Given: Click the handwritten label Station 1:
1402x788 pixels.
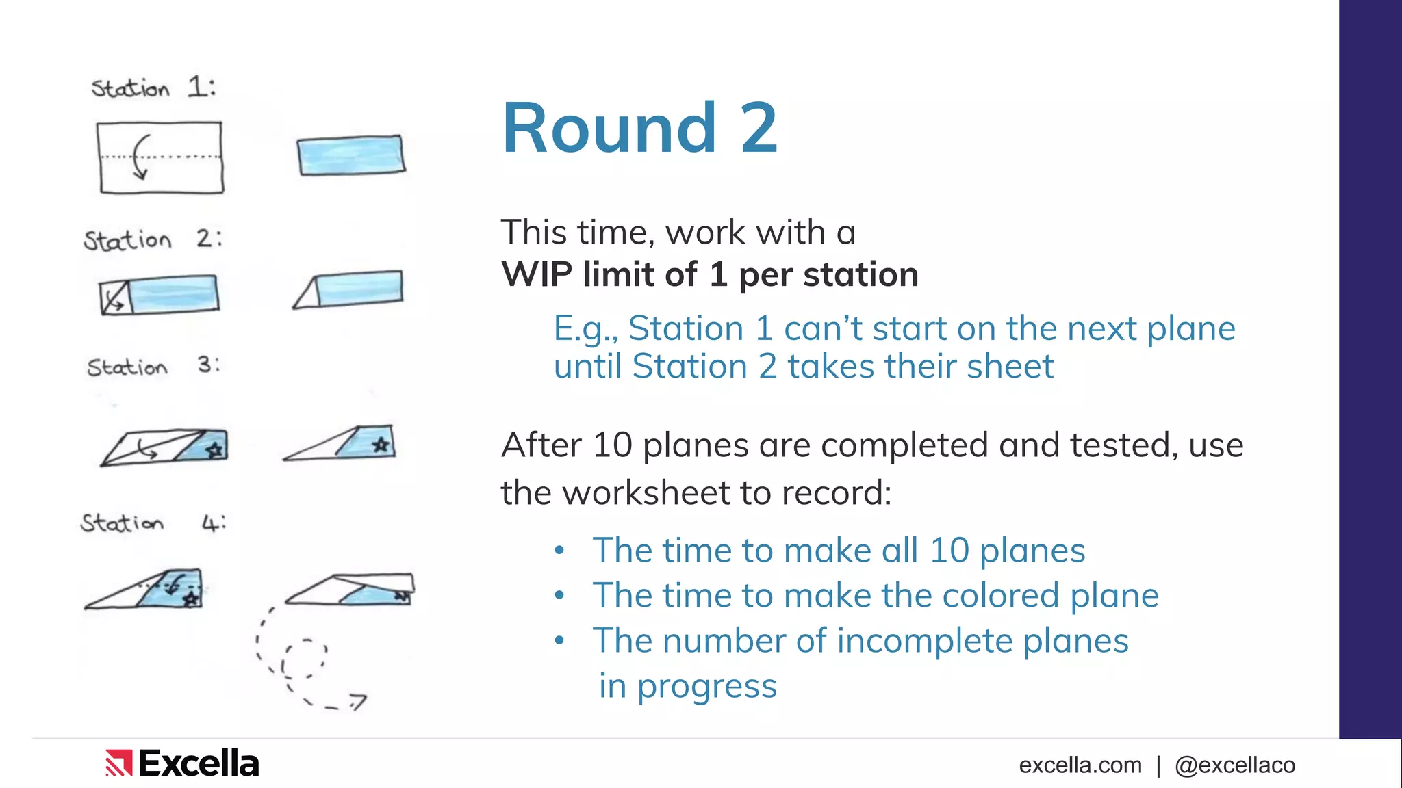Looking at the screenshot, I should point(153,88).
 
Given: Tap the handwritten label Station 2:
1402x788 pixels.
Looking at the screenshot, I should point(152,239).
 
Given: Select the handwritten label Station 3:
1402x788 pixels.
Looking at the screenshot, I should point(153,367).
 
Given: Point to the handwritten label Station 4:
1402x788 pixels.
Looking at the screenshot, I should point(152,523).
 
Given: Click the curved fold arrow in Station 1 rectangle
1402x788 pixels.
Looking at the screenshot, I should point(140,157).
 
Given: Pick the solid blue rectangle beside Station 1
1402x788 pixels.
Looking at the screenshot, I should point(350,155).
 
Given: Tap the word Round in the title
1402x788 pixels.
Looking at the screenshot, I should point(609,128).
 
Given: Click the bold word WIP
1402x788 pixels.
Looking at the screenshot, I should point(536,274).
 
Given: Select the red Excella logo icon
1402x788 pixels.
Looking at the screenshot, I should point(118,763).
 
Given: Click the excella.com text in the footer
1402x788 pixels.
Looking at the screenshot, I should point(1080,765).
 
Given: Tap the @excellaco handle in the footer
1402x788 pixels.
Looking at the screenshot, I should point(1234,765).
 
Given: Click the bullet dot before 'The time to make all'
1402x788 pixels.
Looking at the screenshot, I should point(559,550).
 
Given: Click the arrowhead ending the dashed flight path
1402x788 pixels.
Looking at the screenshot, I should point(359,700).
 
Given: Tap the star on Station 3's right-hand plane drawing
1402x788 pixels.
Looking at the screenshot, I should point(381,445).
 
